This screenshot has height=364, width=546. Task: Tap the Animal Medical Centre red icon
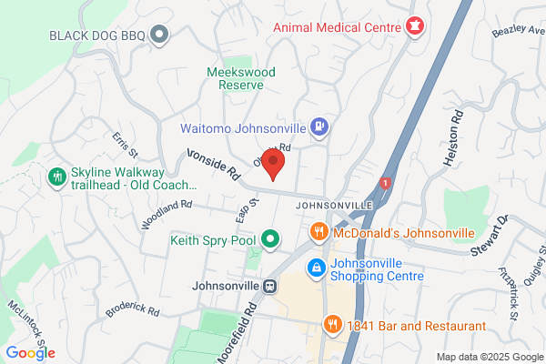[415, 26]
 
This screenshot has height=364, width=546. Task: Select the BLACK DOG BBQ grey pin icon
[160, 35]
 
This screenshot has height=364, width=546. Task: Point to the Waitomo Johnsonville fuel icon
[319, 126]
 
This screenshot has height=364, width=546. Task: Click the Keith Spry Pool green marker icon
[270, 240]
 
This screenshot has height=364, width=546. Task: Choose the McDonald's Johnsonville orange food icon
[318, 233]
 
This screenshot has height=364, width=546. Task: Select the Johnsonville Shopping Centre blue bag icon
[315, 268]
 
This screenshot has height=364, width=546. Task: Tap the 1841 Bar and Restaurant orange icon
[333, 324]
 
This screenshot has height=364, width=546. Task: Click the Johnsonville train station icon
[269, 286]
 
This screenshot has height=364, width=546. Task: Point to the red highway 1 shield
[386, 183]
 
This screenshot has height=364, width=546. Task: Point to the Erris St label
[124, 144]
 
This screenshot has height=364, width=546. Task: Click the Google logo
[30, 353]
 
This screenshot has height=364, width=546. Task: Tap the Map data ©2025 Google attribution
[488, 356]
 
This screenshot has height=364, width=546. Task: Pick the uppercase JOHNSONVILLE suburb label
[335, 207]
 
